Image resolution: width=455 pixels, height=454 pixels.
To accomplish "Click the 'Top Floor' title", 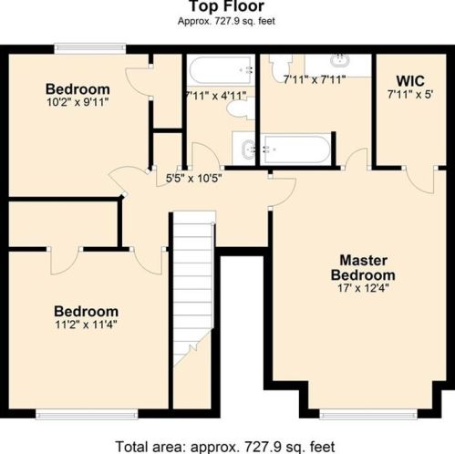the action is [x=226, y=6].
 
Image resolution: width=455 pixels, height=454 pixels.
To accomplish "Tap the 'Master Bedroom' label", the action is [x=363, y=268].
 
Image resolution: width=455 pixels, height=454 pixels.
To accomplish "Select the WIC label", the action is [x=410, y=81].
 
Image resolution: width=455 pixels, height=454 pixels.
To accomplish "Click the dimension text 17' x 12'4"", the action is [x=363, y=288].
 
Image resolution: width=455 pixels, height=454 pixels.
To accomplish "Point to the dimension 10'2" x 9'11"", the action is [x=78, y=102].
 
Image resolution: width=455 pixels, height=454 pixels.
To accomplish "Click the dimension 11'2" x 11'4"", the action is [x=86, y=325].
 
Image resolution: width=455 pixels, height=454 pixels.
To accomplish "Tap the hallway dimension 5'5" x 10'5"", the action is [x=193, y=178].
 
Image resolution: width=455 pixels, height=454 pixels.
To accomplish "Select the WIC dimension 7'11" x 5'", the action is [x=410, y=95].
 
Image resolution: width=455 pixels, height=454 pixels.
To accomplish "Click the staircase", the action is [x=192, y=289].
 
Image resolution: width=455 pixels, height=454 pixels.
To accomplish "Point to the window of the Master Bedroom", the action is [x=368, y=414].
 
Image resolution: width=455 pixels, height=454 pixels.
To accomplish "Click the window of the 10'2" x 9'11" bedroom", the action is [x=90, y=48].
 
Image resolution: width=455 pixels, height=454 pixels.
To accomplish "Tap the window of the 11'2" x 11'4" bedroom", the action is [x=87, y=414].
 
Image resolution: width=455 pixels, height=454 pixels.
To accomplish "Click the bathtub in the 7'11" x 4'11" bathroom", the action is [x=221, y=70].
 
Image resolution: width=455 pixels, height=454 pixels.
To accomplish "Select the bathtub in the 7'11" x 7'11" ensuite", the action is [x=295, y=150].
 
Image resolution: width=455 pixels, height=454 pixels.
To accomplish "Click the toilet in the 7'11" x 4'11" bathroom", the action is [x=242, y=108].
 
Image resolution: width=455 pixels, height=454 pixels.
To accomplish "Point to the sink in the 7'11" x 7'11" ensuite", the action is [x=340, y=60].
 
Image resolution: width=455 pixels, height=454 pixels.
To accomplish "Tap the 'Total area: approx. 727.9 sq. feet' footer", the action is [x=225, y=447].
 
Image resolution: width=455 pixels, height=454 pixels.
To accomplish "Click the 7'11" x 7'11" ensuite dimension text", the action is [x=315, y=80].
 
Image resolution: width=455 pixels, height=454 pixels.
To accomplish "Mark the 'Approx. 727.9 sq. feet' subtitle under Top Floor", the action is [x=226, y=21].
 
